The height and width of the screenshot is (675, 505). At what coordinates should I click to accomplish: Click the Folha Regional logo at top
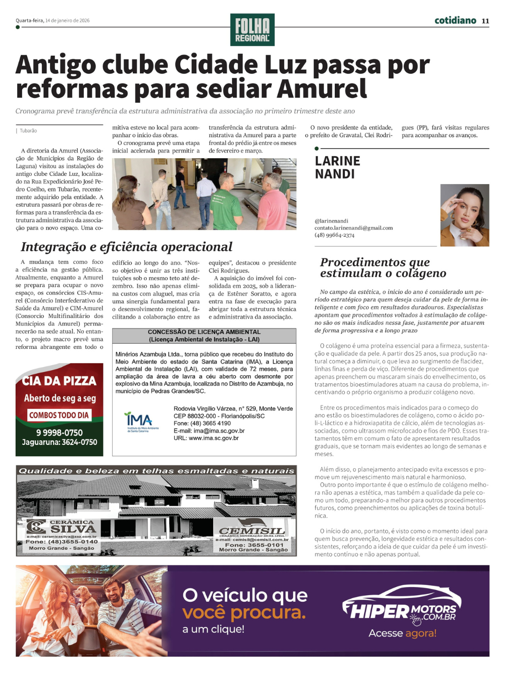pyautogui.click(x=252, y=30)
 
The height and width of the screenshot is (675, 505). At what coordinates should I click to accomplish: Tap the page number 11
pyautogui.click(x=485, y=21)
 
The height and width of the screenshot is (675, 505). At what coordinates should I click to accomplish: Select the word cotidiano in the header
pyautogui.click(x=455, y=20)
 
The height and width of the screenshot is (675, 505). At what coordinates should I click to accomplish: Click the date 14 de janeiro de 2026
pyautogui.click(x=67, y=21)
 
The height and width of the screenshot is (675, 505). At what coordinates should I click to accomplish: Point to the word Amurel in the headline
pyautogui.click(x=321, y=89)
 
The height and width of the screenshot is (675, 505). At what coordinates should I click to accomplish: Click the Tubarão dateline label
pyautogui.click(x=28, y=130)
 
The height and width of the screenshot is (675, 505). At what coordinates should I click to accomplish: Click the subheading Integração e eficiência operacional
pyautogui.click(x=126, y=247)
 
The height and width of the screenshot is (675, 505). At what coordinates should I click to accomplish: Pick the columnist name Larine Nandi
pyautogui.click(x=337, y=167)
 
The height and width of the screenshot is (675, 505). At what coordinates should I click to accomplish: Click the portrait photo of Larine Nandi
pyautogui.click(x=465, y=215)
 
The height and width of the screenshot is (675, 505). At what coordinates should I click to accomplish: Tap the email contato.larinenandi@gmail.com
pyautogui.click(x=353, y=228)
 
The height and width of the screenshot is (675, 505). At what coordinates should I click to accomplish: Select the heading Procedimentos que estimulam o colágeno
pyautogui.click(x=382, y=267)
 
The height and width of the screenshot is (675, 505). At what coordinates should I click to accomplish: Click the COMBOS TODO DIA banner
pyautogui.click(x=59, y=415)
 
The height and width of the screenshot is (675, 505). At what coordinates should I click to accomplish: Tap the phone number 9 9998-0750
pyautogui.click(x=59, y=432)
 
